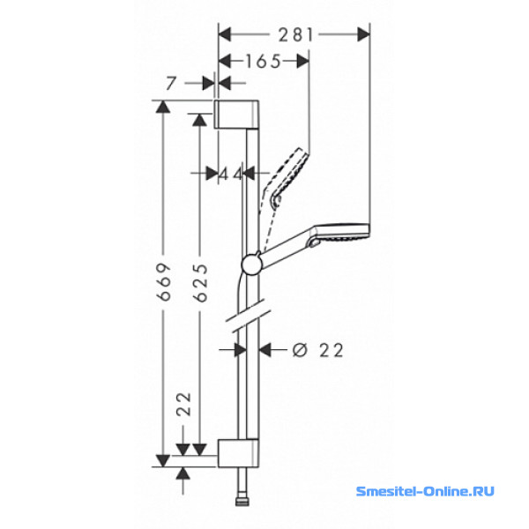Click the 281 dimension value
coord(295,34)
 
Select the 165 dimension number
coord(263,62)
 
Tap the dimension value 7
coord(171,84)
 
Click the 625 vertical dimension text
coord(201,283)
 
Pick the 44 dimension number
coord(231,175)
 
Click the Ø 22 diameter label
coord(317,350)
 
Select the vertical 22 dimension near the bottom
coord(184,404)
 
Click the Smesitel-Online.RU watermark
coord(425,491)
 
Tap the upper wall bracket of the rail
coord(236,114)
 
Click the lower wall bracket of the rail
coord(238,453)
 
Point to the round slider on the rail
coord(251,264)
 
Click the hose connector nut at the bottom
coord(242,502)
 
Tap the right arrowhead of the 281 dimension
coord(363,34)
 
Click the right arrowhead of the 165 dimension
coord(303,61)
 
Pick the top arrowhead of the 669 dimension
coord(163,107)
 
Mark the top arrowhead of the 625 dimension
coord(199,119)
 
